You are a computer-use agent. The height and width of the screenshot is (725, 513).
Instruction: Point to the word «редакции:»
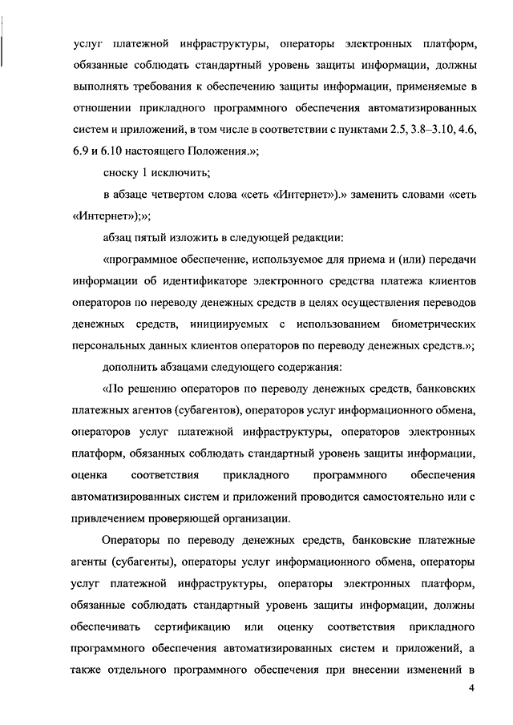click(x=313, y=236)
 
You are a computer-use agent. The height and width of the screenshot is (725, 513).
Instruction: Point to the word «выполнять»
click(x=98, y=84)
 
